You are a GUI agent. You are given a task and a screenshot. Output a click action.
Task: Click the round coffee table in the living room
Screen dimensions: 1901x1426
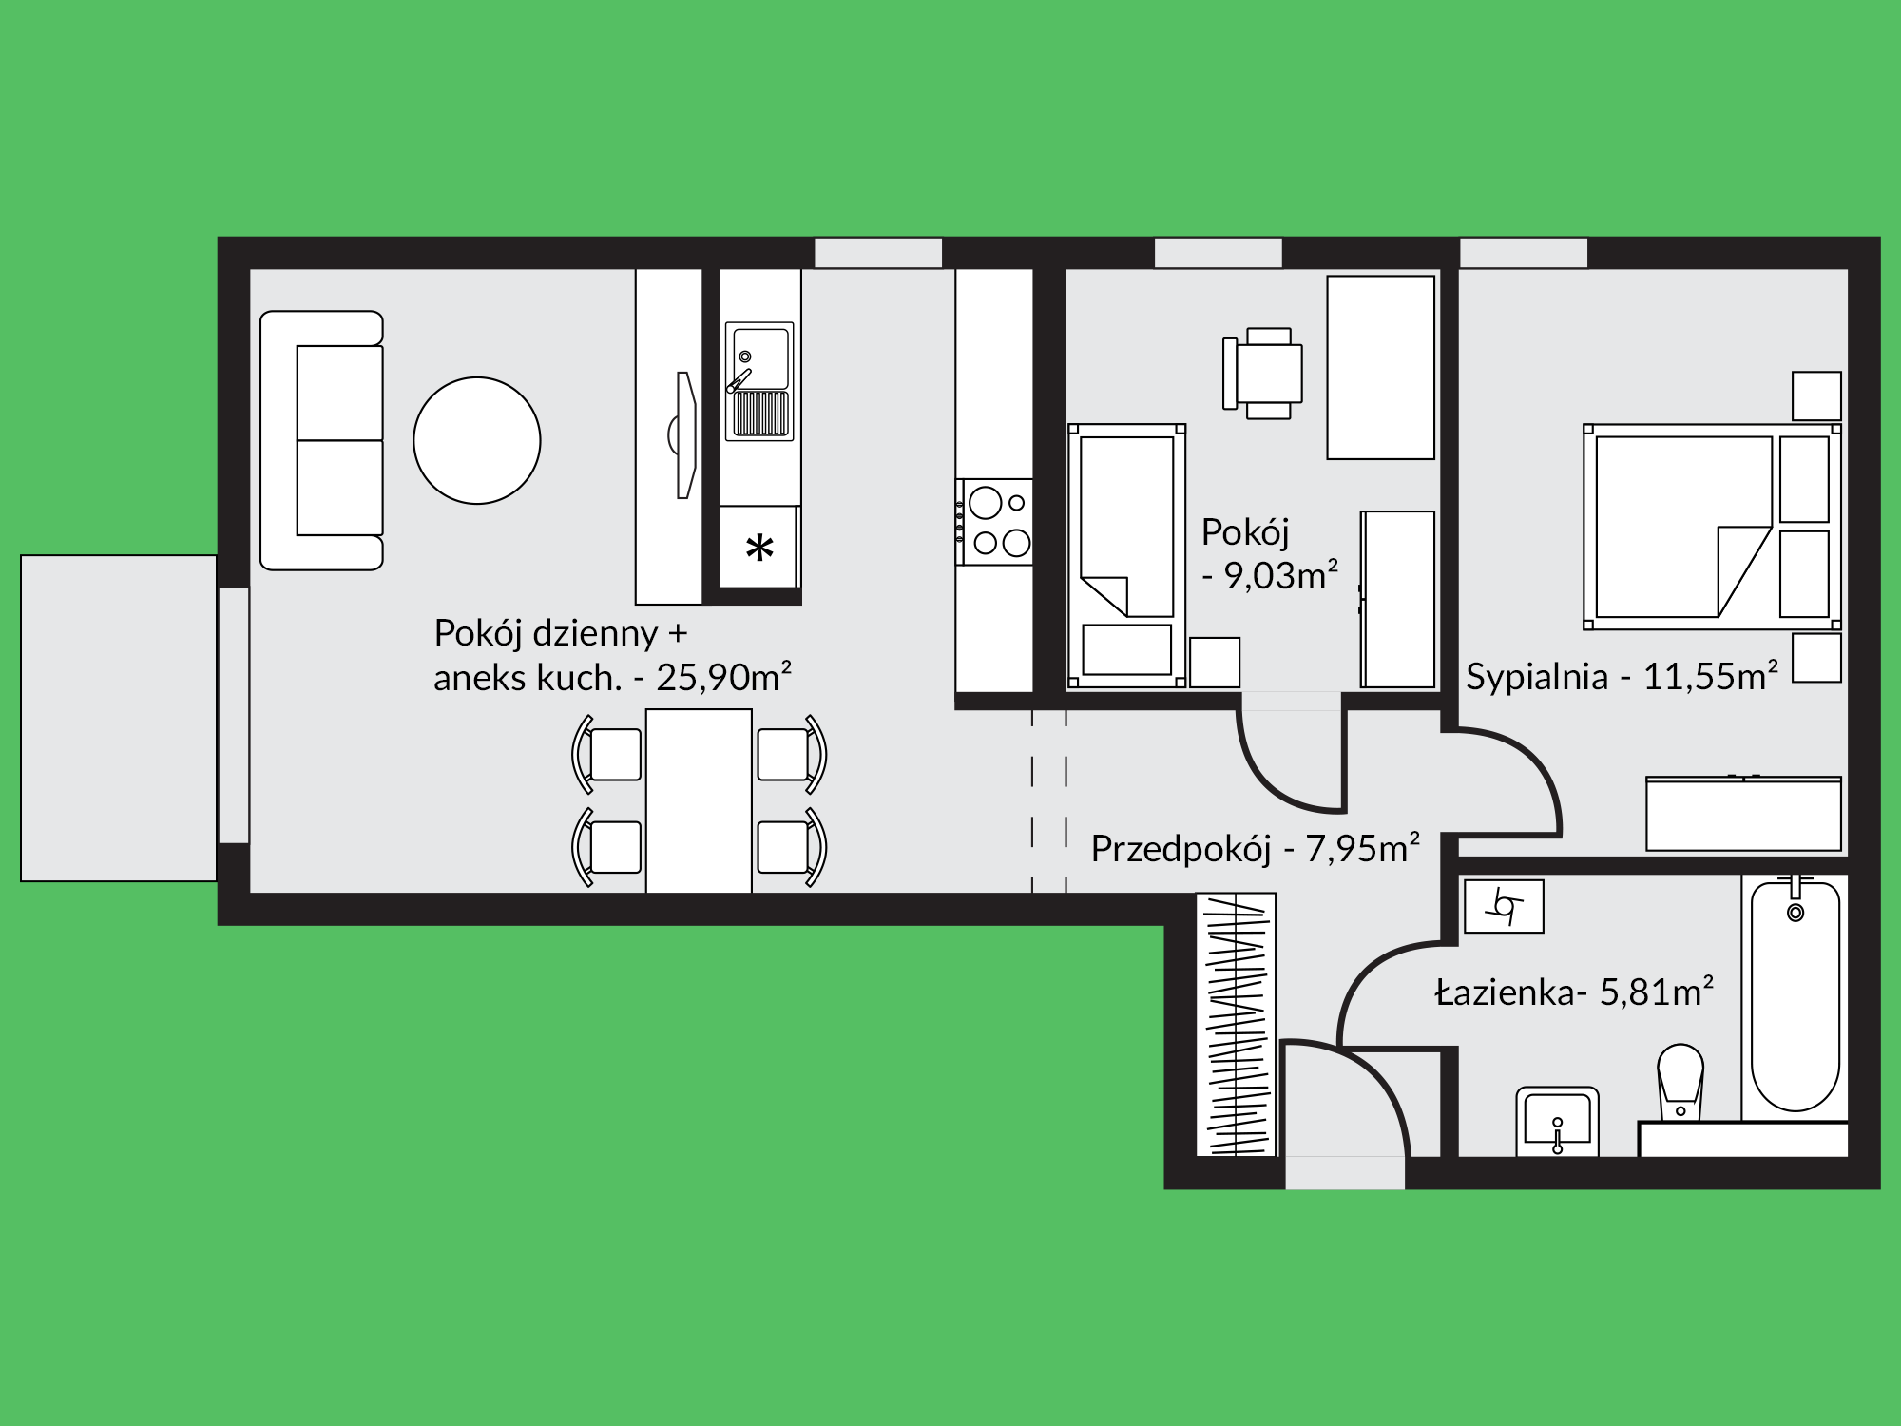(477, 440)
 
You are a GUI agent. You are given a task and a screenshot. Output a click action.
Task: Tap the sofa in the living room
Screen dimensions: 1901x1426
(321, 440)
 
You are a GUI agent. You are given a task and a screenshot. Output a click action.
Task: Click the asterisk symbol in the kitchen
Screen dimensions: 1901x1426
(759, 549)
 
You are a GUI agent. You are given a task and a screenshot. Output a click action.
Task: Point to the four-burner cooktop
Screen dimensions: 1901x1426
(994, 522)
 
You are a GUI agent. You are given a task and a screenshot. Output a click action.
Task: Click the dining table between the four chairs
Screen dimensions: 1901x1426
(699, 800)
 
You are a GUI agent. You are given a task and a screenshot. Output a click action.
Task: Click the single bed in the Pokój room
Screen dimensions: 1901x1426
(1127, 555)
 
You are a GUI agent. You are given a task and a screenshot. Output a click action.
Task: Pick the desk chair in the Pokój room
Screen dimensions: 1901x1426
(1263, 374)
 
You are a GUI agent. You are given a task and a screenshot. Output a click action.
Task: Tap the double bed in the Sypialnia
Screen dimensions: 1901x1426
(1712, 527)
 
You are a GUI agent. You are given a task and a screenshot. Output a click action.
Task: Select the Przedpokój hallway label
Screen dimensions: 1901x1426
(1255, 849)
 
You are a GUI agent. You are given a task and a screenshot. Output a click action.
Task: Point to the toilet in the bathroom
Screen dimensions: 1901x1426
(1680, 1083)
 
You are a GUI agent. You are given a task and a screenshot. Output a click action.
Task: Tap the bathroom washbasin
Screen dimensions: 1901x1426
(1557, 1122)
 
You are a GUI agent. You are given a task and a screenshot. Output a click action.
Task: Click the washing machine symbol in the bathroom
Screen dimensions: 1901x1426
(1504, 906)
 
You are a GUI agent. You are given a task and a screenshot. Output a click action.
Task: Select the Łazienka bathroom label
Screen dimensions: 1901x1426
(1574, 992)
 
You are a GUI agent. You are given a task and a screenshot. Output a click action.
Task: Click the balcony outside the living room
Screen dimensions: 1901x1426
(119, 718)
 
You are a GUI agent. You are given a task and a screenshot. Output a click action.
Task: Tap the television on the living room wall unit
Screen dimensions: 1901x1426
(684, 434)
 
